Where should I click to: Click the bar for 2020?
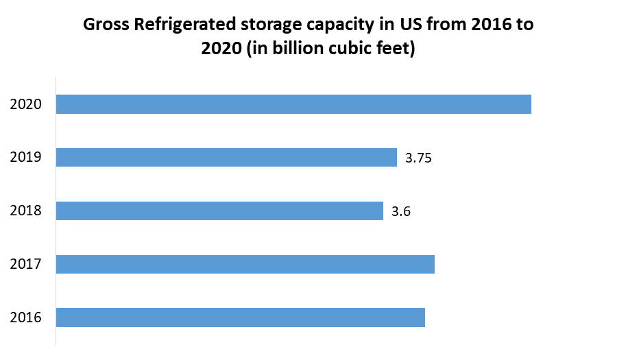pyautogui.click(x=293, y=104)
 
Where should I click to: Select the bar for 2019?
pyautogui.click(x=226, y=158)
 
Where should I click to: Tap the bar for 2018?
pyautogui.click(x=219, y=211)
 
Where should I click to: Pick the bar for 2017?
pyautogui.click(x=245, y=264)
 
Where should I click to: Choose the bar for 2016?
pyautogui.click(x=240, y=317)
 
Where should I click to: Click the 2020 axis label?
pyautogui.click(x=26, y=104)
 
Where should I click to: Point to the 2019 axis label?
pyautogui.click(x=26, y=158)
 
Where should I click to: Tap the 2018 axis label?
pyautogui.click(x=26, y=211)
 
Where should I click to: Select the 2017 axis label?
pyautogui.click(x=26, y=264)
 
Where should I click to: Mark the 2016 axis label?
pyautogui.click(x=26, y=317)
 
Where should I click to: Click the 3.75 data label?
pyautogui.click(x=418, y=158)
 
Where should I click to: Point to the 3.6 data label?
pyautogui.click(x=401, y=211)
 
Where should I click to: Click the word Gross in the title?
pyautogui.click(x=104, y=25)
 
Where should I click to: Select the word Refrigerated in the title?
pyautogui.click(x=180, y=26)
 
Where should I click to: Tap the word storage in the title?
pyautogui.click(x=266, y=26)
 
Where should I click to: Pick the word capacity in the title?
pyautogui.click(x=337, y=26)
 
